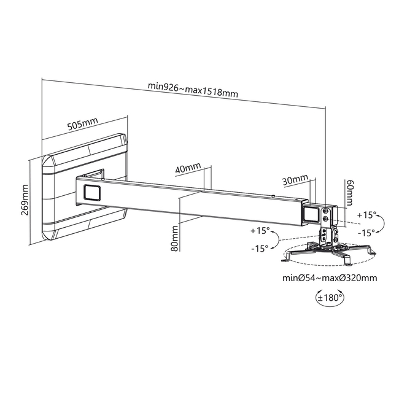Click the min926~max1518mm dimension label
(x=193, y=90)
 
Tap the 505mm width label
(x=82, y=123)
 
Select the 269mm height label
(x=25, y=199)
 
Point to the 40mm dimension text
(x=188, y=168)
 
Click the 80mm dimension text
(x=174, y=238)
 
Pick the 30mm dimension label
(x=295, y=179)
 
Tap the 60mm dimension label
(x=349, y=193)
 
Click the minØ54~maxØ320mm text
(x=330, y=278)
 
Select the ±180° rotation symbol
(x=330, y=297)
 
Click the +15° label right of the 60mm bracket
(x=366, y=215)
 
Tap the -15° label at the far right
(x=366, y=232)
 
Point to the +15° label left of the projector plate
(x=260, y=231)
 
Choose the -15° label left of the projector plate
(x=260, y=248)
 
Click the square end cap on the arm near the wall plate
(x=92, y=192)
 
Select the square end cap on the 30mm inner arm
(x=311, y=213)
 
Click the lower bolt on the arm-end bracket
(x=325, y=219)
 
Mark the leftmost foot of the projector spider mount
(x=285, y=259)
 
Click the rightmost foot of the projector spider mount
(x=373, y=252)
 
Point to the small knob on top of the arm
(x=273, y=196)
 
